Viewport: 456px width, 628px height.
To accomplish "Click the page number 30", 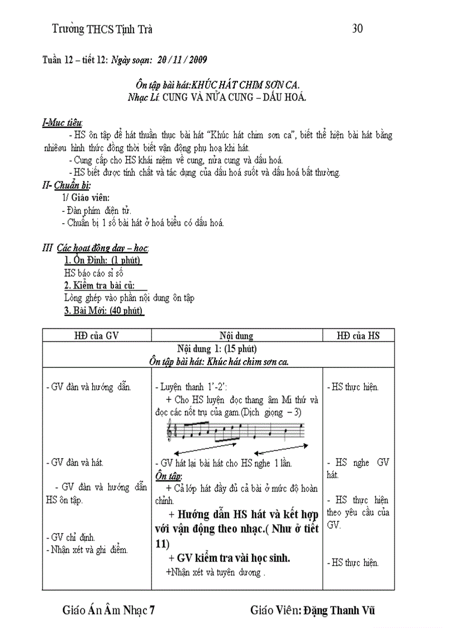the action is tap(358, 29).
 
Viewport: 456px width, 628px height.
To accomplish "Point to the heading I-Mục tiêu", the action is tap(63, 122).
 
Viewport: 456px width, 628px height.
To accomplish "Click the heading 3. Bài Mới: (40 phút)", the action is tap(103, 311).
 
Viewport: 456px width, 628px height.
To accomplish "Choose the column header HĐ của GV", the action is tap(97, 336).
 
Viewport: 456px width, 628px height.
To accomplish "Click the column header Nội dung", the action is tap(236, 336).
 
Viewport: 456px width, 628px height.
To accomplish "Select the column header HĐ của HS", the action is tap(358, 336).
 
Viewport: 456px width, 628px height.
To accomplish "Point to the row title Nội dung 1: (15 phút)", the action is tap(217, 349).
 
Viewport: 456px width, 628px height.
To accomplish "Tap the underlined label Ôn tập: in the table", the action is tap(169, 476).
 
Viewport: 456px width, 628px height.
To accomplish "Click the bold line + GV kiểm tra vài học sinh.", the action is tap(228, 558).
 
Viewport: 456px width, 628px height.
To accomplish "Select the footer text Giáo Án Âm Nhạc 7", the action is tap(108, 610).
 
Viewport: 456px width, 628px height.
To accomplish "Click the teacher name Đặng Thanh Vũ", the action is tap(339, 610).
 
